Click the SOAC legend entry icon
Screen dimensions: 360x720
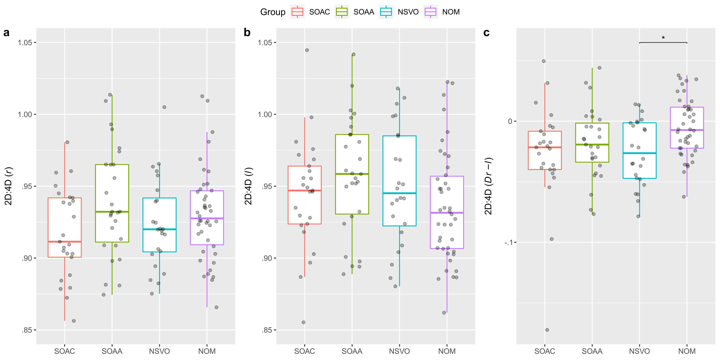[x=297, y=12]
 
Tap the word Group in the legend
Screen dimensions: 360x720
[x=273, y=12]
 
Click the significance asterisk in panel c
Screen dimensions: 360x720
[x=663, y=38]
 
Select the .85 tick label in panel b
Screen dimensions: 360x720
[x=267, y=330]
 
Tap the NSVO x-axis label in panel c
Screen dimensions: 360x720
[x=639, y=351]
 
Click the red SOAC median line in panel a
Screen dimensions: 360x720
[x=65, y=242]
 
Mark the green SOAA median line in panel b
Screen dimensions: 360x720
[x=352, y=174]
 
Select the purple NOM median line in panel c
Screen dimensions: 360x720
[x=687, y=130]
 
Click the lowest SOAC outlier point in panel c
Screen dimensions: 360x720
[x=547, y=330]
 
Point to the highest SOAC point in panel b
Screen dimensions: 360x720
[x=307, y=50]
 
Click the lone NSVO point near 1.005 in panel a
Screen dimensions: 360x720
[x=164, y=107]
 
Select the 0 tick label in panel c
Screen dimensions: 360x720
[x=510, y=121]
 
